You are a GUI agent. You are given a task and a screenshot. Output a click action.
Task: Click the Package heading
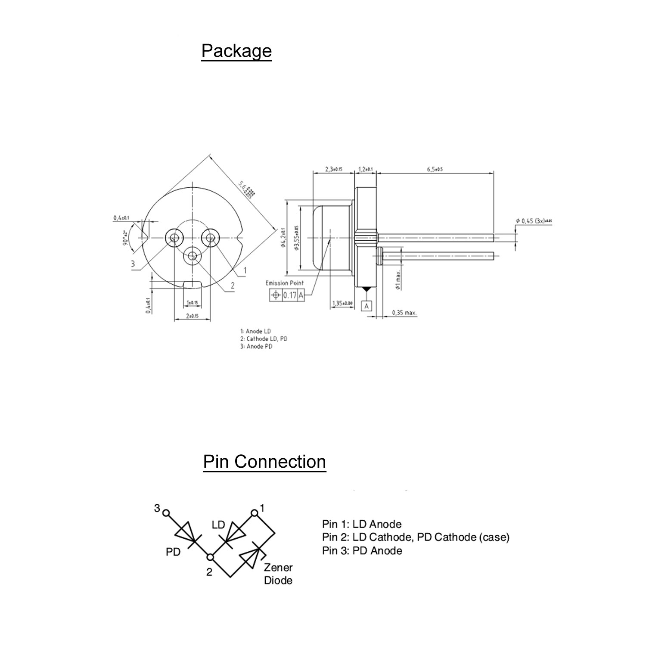point(236,51)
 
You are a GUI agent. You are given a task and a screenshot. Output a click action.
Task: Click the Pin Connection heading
point(264,462)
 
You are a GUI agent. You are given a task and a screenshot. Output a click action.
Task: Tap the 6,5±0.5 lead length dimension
point(435,169)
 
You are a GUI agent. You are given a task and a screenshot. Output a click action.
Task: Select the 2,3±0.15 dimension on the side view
point(333,169)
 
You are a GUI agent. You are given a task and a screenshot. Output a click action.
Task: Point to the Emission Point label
point(284,283)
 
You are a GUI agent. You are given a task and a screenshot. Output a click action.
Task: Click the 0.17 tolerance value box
point(290,295)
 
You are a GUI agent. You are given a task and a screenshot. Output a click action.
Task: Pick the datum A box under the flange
point(366,306)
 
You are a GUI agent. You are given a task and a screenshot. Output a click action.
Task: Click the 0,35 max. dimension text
point(404,313)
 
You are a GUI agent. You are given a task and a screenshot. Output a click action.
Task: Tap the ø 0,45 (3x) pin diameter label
point(534,221)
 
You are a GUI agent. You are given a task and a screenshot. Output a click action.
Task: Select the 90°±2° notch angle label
point(125,237)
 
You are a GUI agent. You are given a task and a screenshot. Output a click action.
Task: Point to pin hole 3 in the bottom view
point(174,237)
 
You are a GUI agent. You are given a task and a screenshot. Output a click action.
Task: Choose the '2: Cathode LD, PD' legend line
point(264,339)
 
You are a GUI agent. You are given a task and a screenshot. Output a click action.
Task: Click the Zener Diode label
point(278,574)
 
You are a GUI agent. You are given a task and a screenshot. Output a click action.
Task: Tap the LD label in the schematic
point(218,525)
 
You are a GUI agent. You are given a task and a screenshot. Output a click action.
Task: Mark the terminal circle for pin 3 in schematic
point(166,513)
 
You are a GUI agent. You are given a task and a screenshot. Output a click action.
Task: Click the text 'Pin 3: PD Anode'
point(362,551)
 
